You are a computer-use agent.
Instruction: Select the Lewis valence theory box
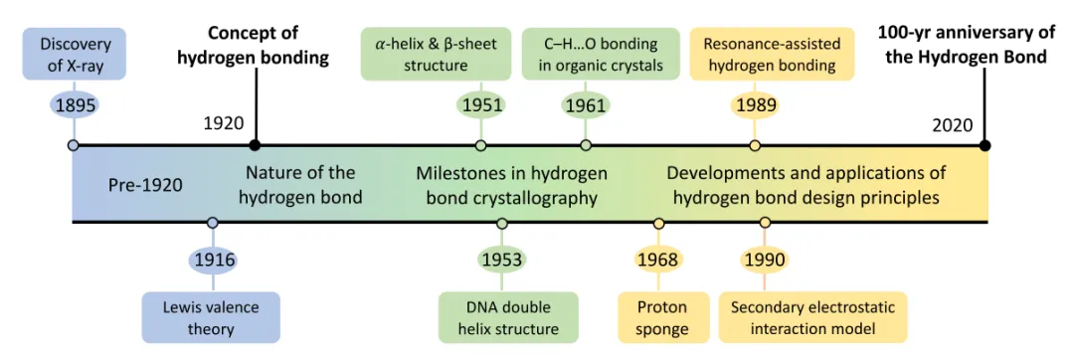pyautogui.click(x=212, y=317)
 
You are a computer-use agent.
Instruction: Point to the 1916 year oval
pyautogui.click(x=213, y=261)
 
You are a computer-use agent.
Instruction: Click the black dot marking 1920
pyautogui.click(x=255, y=145)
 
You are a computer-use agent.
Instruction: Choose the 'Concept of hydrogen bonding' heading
pyautogui.click(x=254, y=46)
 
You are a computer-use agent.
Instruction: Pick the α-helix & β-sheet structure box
pyautogui.click(x=436, y=54)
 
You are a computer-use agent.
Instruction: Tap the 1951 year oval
pyautogui.click(x=480, y=105)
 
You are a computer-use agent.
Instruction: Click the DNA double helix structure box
pyautogui.click(x=508, y=317)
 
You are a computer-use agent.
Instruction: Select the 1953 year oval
pyautogui.click(x=502, y=261)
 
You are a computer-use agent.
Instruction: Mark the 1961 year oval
pyautogui.click(x=586, y=105)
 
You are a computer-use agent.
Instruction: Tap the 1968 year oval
pyautogui.click(x=658, y=261)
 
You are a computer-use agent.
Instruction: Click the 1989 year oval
pyautogui.click(x=755, y=105)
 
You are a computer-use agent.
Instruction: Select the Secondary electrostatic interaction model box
pyautogui.click(x=812, y=317)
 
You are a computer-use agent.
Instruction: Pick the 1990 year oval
pyautogui.click(x=765, y=261)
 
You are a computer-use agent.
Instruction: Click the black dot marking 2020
pyautogui.click(x=984, y=145)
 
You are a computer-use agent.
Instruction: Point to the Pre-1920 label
pyautogui.click(x=146, y=186)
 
